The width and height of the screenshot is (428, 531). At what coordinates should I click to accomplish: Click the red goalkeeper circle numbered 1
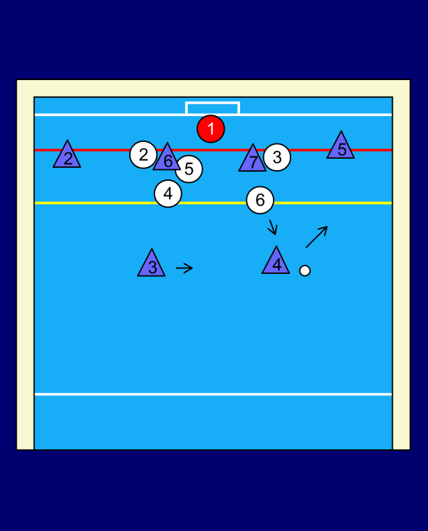211,129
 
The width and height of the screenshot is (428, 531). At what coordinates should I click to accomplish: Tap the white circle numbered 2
143,154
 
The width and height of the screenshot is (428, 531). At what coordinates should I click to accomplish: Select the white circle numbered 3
277,157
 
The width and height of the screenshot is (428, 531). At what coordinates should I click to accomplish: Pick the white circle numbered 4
168,194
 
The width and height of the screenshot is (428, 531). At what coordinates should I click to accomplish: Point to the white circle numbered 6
260,200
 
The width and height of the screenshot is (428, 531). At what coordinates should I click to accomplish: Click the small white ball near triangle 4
305,271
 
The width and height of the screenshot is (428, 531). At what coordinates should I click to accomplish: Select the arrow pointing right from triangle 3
184,268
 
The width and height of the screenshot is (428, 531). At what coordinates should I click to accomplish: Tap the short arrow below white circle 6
273,227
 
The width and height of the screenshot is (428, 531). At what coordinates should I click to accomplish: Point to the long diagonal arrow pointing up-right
316,237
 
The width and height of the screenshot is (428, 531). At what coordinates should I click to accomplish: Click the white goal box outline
212,102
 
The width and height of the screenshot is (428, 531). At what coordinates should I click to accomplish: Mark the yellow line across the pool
213,203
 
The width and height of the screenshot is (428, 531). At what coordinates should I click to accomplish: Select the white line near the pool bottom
213,394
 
